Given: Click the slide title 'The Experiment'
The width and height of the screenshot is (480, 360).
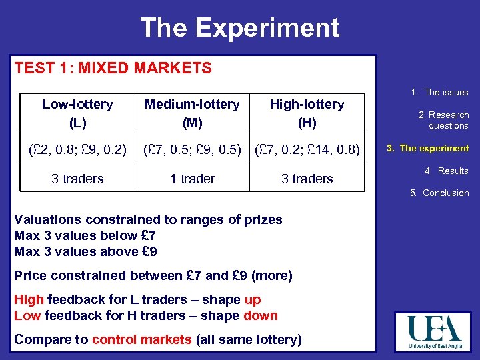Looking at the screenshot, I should coord(239,28).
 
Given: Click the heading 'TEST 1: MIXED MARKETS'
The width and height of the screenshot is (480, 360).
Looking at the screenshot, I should coord(113,68).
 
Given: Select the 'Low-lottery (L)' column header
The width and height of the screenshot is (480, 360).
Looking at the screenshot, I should coord(77,113).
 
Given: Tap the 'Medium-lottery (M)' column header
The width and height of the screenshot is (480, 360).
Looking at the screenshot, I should coord(193,113).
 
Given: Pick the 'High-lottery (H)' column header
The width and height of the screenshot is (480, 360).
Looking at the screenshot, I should coord(307,113).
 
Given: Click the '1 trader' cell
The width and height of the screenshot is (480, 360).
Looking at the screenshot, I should coord(193,179).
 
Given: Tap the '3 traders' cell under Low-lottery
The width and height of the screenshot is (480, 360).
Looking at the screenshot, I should coord(77,179).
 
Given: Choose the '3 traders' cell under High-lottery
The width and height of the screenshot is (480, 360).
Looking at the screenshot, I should coord(307,179).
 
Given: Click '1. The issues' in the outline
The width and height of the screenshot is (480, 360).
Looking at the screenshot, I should coord(439,93).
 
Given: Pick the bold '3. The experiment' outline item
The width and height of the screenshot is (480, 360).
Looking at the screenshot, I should coord(429,148).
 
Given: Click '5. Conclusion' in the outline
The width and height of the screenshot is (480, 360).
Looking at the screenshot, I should coord(439,193).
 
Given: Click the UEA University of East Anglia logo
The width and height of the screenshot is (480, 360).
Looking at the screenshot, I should coord(433,333).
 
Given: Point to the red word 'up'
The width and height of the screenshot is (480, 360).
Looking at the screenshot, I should coord(253,300).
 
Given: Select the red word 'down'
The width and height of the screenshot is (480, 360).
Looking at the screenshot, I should coord(261,315).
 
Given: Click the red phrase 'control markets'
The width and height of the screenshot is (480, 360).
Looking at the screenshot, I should coord(141,339).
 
